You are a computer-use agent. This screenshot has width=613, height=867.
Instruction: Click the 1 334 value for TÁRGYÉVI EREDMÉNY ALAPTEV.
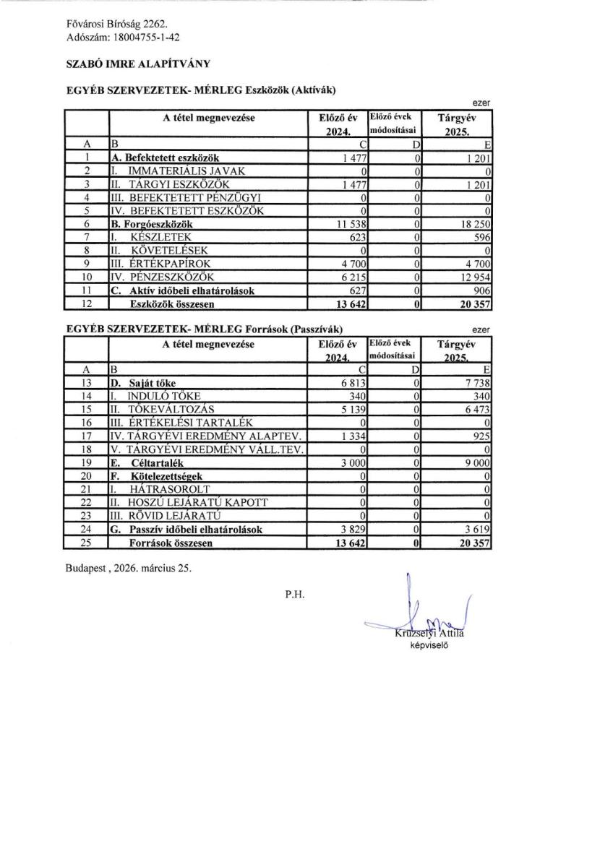tap(353, 435)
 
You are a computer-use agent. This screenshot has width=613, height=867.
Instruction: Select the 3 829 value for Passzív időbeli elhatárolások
tap(353, 529)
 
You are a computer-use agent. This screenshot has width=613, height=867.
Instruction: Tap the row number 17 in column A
tap(86, 435)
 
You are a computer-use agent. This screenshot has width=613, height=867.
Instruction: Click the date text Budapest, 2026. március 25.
tap(128, 568)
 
